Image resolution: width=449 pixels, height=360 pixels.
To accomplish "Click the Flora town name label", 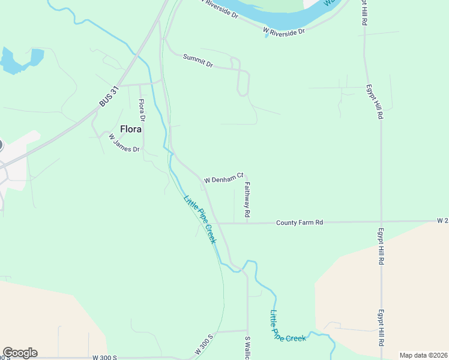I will point(131,129).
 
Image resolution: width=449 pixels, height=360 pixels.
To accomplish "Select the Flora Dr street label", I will point(142,112).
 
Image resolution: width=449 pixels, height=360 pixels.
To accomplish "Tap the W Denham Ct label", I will point(223,178).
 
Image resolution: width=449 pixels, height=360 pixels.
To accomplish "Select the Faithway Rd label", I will point(246,200).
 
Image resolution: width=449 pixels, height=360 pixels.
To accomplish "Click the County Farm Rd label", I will point(300,223).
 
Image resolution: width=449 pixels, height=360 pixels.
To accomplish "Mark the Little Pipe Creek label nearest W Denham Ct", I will point(199,220).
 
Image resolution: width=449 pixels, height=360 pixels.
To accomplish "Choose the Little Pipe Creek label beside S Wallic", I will point(287,328).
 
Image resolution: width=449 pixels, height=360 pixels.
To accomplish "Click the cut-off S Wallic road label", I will point(247,348).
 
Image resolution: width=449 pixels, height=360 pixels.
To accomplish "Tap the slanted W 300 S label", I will point(204,344).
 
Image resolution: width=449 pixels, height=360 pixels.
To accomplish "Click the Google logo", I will point(20,353).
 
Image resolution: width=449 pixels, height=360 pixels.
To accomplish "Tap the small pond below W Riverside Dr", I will point(267,35).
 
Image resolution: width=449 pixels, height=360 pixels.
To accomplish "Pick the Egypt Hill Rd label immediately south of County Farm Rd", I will point(381,246).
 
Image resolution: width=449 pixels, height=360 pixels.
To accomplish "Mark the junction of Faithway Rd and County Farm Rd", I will point(247,223).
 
